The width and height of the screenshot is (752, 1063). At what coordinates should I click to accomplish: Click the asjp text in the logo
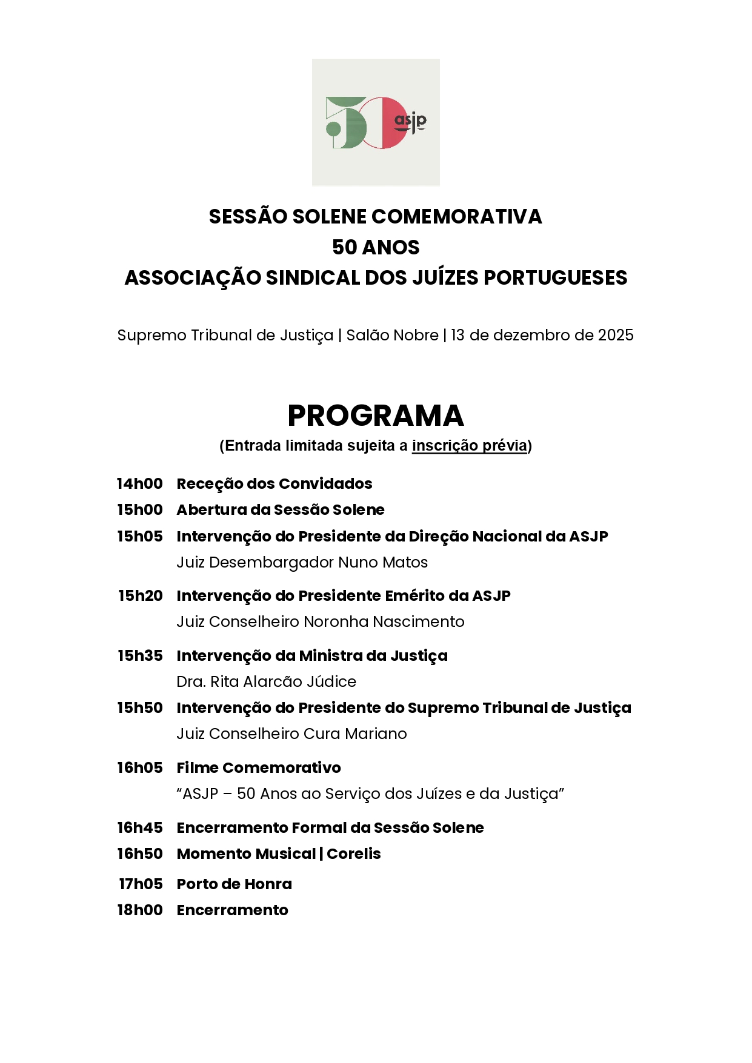point(410,121)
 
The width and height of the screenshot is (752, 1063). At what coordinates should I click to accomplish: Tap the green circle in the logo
point(333,128)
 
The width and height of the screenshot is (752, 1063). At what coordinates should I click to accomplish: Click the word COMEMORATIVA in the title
point(456,217)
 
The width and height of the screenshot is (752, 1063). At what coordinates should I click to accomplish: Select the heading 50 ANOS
point(376,247)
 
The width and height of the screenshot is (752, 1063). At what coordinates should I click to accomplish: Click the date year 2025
point(616,335)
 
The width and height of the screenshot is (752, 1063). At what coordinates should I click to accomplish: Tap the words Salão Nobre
point(392,335)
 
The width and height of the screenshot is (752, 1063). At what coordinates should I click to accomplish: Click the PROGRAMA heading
point(376,416)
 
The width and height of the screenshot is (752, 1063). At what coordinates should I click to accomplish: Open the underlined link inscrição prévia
point(470,446)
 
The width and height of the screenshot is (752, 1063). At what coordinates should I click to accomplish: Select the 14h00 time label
point(140,484)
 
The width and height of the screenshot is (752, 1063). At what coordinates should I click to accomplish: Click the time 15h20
point(141,596)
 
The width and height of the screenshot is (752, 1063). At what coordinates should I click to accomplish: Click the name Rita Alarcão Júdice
point(283,682)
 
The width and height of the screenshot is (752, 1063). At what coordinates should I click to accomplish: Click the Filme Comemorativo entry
point(259,768)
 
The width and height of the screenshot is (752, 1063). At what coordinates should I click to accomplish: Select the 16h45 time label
point(140,828)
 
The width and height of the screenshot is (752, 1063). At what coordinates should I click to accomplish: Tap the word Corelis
point(354,854)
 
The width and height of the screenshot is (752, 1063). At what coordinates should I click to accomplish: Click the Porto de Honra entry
point(235,884)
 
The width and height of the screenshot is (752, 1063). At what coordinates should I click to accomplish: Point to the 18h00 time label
point(140,910)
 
